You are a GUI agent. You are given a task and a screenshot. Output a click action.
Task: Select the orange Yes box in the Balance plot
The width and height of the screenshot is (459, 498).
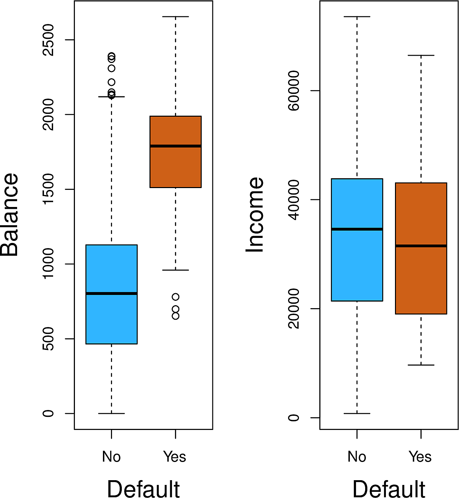[175, 167]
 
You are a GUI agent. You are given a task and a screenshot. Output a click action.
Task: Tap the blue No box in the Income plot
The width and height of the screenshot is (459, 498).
[357, 266]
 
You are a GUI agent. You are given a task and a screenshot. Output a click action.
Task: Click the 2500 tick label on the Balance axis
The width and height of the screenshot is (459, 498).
[48, 40]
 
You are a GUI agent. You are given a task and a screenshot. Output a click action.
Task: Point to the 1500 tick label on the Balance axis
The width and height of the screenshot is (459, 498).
[48, 189]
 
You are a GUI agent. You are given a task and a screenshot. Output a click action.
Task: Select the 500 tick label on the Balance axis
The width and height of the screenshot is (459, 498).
[48, 339]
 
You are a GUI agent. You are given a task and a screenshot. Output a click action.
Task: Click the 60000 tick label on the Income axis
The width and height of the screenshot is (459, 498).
[294, 91]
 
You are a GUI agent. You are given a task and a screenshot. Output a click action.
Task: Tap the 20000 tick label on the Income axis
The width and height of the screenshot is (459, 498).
[294, 308]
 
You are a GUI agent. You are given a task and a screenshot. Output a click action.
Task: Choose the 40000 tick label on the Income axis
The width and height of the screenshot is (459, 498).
[294, 199]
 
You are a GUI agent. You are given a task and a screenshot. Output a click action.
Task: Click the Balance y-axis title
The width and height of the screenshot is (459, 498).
[9, 215]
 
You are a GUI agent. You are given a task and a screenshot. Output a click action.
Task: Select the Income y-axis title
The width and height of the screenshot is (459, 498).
[255, 215]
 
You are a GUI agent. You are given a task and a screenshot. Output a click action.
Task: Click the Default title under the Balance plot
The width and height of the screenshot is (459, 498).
[143, 488]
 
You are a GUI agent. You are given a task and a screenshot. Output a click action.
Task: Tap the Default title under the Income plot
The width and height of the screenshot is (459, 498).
[389, 488]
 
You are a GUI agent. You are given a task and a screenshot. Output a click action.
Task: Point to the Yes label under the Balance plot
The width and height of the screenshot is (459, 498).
[175, 457]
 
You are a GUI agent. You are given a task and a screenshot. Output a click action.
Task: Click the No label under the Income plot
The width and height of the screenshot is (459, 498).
[357, 457]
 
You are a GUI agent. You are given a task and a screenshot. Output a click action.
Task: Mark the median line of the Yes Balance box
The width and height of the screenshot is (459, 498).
[175, 146]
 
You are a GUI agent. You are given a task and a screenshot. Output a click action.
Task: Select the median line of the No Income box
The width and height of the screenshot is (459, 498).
[357, 229]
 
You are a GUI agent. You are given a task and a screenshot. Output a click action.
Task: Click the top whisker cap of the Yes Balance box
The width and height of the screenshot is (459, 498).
[175, 17]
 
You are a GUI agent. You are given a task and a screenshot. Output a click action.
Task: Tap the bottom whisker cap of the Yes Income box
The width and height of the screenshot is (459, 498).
[421, 365]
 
